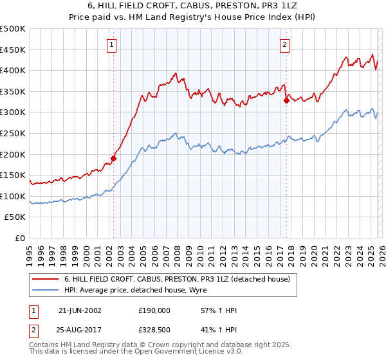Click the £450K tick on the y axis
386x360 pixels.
tap(13, 50)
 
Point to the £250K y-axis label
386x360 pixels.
tap(13, 133)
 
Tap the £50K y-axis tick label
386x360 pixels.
tap(15, 217)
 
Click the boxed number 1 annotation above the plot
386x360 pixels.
tap(113, 44)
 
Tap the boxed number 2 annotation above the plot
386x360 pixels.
tap(284, 44)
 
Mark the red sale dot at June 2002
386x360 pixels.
tap(113, 158)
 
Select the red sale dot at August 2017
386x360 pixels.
tap(286, 100)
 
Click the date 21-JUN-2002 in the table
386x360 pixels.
tap(80, 310)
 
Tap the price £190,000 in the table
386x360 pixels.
tap(154, 310)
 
